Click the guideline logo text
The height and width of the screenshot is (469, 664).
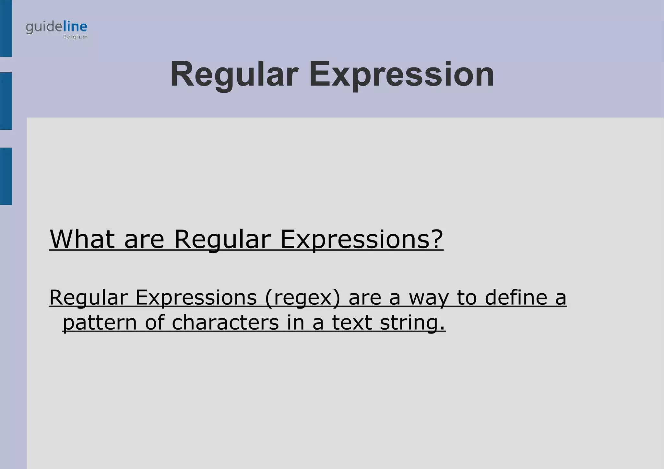(x=56, y=28)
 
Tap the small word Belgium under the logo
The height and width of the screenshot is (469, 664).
(x=75, y=37)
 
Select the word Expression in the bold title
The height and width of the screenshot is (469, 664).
(x=401, y=75)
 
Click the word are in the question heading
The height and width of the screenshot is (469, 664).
(x=144, y=240)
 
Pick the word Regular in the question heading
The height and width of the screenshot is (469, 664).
(x=222, y=240)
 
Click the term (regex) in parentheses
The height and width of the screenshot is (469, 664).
(x=302, y=298)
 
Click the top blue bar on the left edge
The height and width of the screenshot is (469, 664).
(x=6, y=29)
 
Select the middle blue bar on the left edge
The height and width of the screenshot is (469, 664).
(x=6, y=101)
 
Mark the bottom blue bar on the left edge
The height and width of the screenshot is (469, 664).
(x=6, y=176)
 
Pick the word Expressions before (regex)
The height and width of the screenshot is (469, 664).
(x=196, y=298)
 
